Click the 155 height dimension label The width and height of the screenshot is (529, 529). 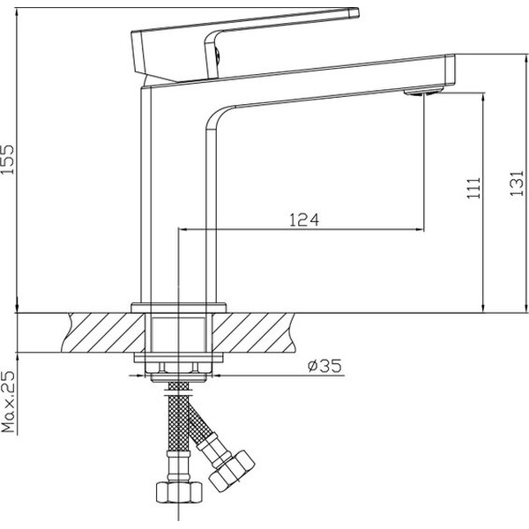[7, 160]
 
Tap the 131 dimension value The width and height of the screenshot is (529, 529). [517, 183]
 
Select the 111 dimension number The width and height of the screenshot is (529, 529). [474, 189]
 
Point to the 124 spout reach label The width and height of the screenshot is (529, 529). [304, 220]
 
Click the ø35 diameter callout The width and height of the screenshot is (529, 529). [324, 366]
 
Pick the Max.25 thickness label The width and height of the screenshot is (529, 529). [9, 402]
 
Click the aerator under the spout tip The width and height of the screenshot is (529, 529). [424, 91]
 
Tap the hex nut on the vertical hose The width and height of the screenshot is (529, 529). [179, 492]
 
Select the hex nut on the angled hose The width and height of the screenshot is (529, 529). [232, 467]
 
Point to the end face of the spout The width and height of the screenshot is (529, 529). [450, 69]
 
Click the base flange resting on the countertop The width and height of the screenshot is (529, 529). [178, 308]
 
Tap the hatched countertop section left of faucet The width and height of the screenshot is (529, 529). [104, 332]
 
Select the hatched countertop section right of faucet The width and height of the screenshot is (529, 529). [253, 332]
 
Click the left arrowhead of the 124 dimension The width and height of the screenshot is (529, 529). [183, 229]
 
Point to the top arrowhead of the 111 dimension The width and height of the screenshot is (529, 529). [484, 96]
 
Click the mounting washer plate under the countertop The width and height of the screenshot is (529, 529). [178, 358]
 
